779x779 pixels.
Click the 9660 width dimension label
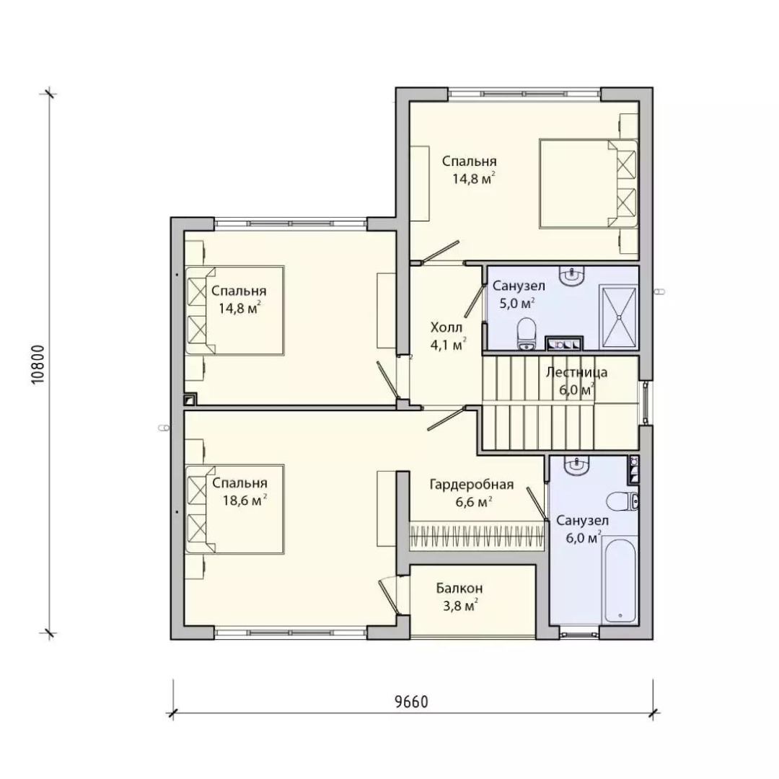(x=411, y=702)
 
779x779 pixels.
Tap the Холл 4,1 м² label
(x=448, y=336)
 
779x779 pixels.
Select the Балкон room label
(x=459, y=589)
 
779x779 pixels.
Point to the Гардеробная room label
(x=472, y=484)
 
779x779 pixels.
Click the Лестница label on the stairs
(x=576, y=372)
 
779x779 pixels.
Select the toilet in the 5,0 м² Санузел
(x=526, y=335)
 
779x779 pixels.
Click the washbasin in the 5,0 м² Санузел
(x=572, y=276)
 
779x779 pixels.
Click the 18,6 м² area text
(x=245, y=500)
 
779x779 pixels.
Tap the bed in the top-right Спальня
(x=589, y=183)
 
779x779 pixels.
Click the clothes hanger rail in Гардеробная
(x=477, y=535)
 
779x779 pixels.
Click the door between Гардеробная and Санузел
(x=537, y=503)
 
